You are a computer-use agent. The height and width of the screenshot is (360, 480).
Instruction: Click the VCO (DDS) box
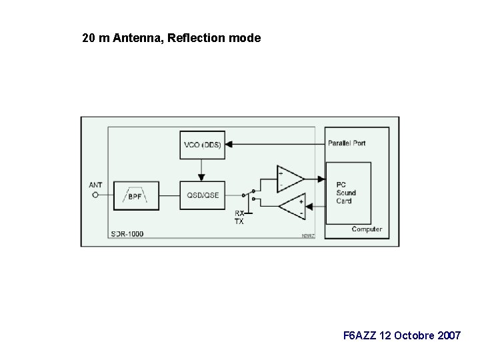pyautogui.click(x=203, y=145)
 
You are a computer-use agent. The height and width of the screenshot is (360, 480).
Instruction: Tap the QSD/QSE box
pyautogui.click(x=203, y=196)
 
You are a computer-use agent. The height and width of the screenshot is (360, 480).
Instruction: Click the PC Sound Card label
pyautogui.click(x=346, y=193)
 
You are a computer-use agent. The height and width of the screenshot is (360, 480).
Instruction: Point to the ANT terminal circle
pyautogui.click(x=95, y=195)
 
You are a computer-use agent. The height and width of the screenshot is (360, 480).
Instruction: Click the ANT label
pyautogui.click(x=95, y=185)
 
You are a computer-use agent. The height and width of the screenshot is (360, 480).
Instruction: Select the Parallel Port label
pyautogui.click(x=347, y=143)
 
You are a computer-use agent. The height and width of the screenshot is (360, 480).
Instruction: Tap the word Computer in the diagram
pyautogui.click(x=367, y=229)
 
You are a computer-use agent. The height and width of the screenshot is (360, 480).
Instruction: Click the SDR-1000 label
pyautogui.click(x=127, y=234)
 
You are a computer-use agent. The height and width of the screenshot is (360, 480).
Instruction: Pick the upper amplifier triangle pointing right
pyautogui.click(x=288, y=179)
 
